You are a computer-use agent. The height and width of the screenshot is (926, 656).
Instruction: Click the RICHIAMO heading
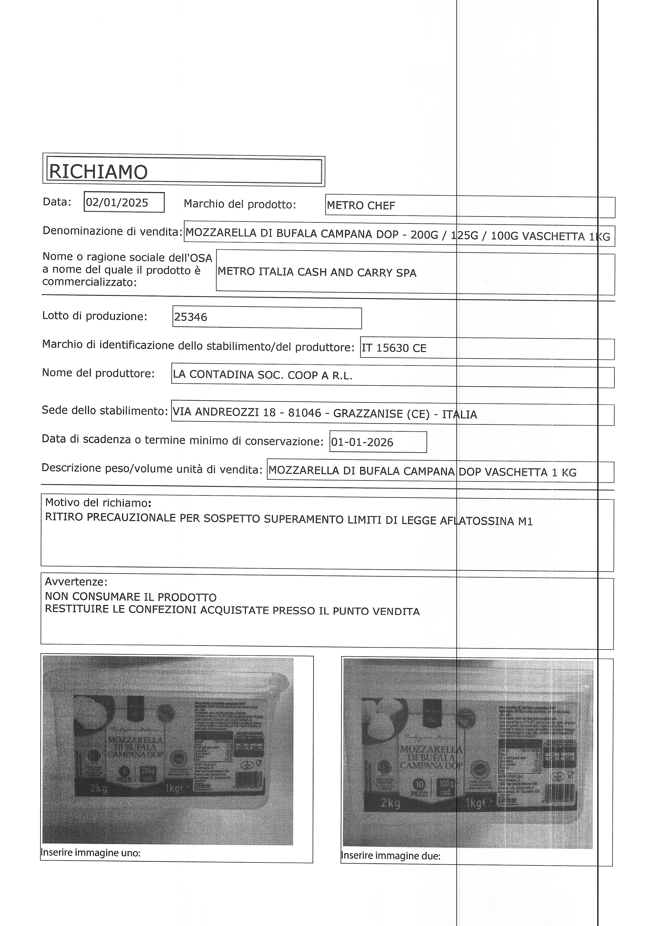click(x=98, y=172)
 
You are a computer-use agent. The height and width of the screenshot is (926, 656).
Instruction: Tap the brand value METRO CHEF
click(x=361, y=206)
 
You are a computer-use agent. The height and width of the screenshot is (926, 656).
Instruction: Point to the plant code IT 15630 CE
click(x=394, y=348)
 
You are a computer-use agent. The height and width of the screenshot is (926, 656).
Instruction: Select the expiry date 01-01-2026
click(x=362, y=442)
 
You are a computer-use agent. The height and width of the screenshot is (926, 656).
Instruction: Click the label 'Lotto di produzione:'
click(x=95, y=316)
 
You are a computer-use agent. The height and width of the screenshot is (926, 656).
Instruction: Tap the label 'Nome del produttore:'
click(x=98, y=373)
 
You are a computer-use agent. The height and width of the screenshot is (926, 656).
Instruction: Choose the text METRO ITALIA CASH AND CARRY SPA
click(x=317, y=272)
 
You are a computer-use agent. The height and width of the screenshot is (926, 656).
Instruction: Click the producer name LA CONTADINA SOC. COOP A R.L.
click(x=263, y=376)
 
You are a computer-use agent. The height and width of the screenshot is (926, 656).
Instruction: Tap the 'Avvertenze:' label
click(x=76, y=582)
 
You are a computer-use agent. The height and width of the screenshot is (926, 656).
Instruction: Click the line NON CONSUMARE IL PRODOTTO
click(x=131, y=597)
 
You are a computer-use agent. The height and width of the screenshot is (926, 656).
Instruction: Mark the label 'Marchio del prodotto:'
click(x=240, y=204)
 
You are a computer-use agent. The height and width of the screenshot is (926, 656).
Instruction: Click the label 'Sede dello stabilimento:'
click(x=105, y=411)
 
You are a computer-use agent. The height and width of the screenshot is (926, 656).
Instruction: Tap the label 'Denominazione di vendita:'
click(x=112, y=231)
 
